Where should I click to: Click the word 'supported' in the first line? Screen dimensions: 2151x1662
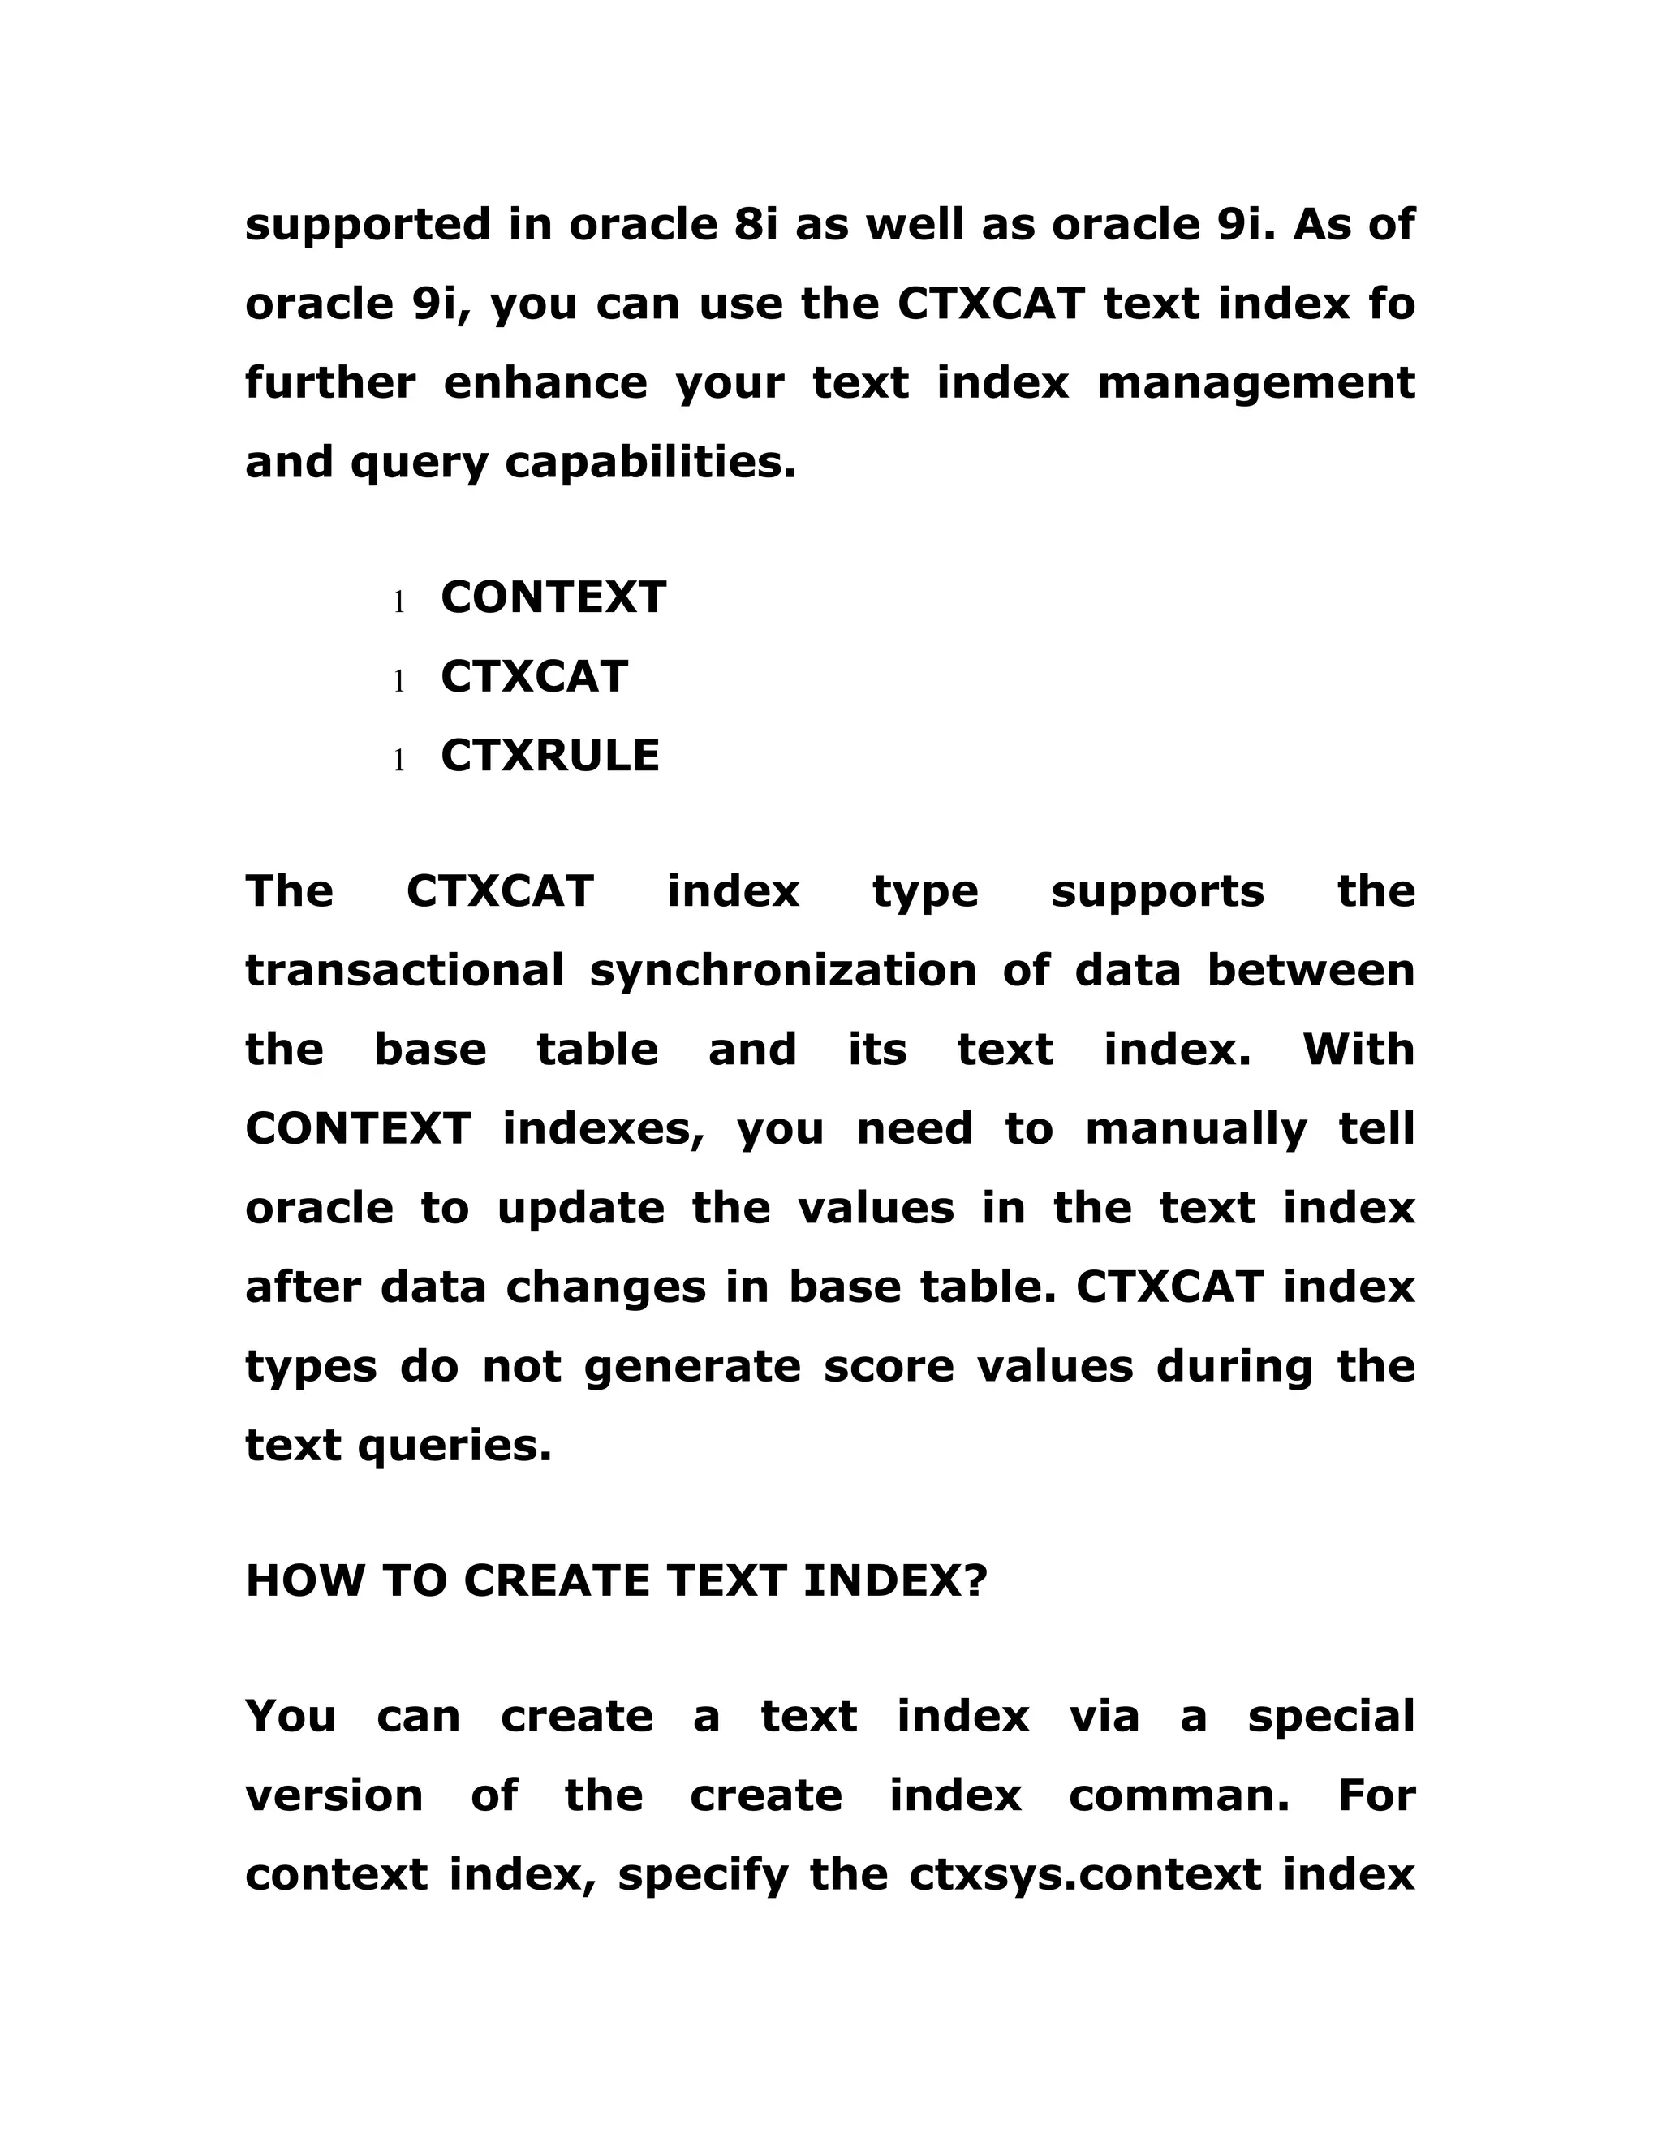(366, 225)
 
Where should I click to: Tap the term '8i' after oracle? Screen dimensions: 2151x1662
(756, 225)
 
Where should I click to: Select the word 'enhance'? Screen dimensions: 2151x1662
(545, 382)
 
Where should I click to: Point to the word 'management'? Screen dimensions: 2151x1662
(1255, 382)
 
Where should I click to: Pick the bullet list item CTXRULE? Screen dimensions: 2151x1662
(549, 756)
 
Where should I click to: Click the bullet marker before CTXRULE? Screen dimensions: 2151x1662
(398, 761)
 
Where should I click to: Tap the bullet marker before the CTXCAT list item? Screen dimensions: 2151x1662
(398, 680)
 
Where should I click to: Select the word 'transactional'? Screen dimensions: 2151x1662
(403, 970)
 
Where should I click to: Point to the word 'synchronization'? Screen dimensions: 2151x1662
(783, 970)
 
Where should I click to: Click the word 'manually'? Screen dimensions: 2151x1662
(1195, 1129)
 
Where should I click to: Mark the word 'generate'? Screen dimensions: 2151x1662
(692, 1366)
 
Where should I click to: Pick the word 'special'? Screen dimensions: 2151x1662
(1330, 1716)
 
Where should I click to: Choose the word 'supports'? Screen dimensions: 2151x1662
(1157, 891)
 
